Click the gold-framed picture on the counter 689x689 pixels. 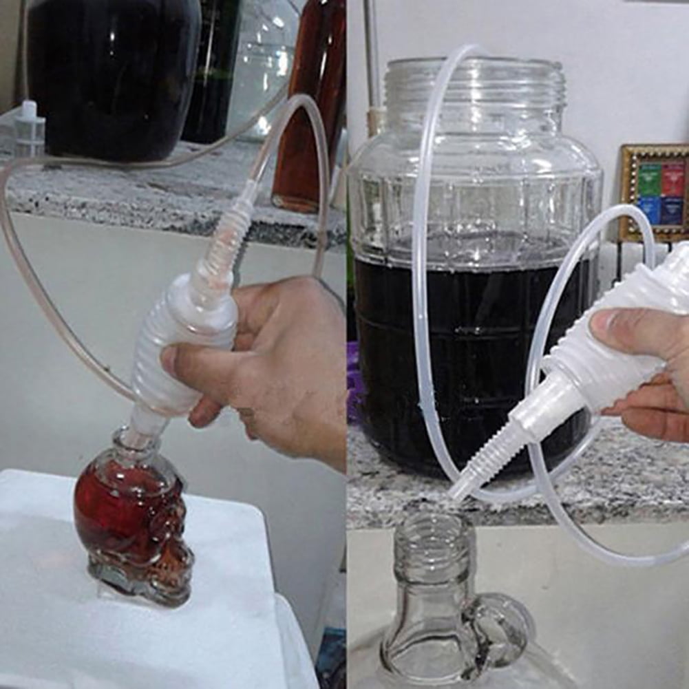click(x=654, y=193)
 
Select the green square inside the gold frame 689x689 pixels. click(x=649, y=180)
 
